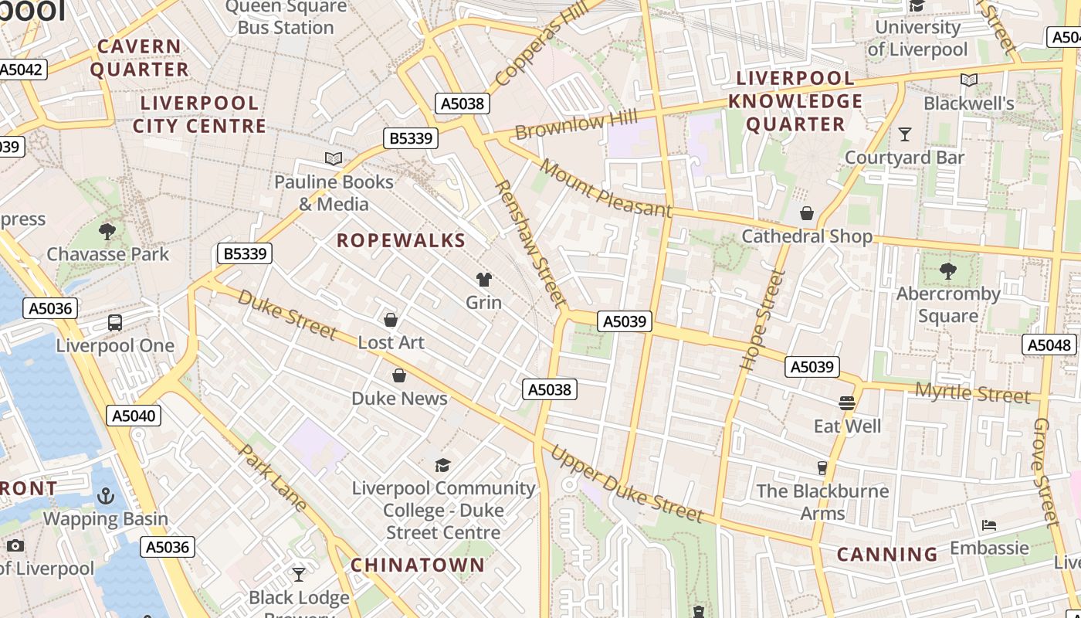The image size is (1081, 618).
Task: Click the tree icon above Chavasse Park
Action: click(107, 230)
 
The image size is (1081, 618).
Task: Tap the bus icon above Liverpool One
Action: click(115, 323)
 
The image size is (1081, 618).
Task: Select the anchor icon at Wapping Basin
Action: click(105, 495)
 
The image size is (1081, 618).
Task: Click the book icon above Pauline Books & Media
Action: click(334, 158)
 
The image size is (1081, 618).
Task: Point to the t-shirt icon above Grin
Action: click(484, 279)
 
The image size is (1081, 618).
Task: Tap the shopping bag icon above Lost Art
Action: click(391, 319)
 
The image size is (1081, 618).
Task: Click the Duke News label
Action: click(399, 399)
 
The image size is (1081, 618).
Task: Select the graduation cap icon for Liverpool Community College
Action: click(442, 464)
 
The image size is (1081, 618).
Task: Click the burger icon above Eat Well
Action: click(847, 402)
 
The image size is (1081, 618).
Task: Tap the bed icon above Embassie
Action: click(989, 525)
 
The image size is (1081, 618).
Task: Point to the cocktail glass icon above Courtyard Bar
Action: click(905, 134)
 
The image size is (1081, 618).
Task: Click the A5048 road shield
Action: click(1049, 345)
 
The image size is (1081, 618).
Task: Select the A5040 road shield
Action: click(134, 416)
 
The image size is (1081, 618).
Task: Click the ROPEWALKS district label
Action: click(402, 240)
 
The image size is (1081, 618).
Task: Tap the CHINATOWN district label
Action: click(418, 565)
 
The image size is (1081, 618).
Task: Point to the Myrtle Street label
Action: click(972, 393)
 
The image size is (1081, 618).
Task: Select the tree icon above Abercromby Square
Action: click(948, 271)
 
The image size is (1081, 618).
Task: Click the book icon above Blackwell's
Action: click(969, 80)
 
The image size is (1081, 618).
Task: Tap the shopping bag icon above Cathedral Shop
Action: click(807, 213)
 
